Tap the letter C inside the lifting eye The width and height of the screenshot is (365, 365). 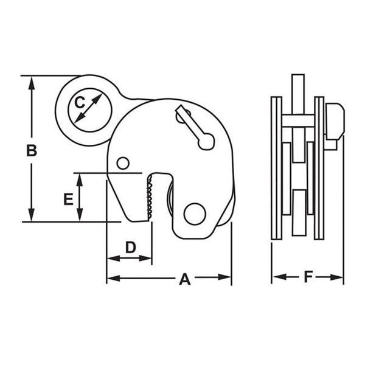[x=79, y=104]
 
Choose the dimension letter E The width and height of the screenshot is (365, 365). [x=68, y=198]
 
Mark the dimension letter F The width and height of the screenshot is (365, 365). [x=308, y=277]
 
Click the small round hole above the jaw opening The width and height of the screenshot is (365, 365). [x=123, y=163]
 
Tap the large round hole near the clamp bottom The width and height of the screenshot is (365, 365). [x=195, y=214]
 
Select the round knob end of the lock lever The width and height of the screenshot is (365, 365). [x=207, y=142]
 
